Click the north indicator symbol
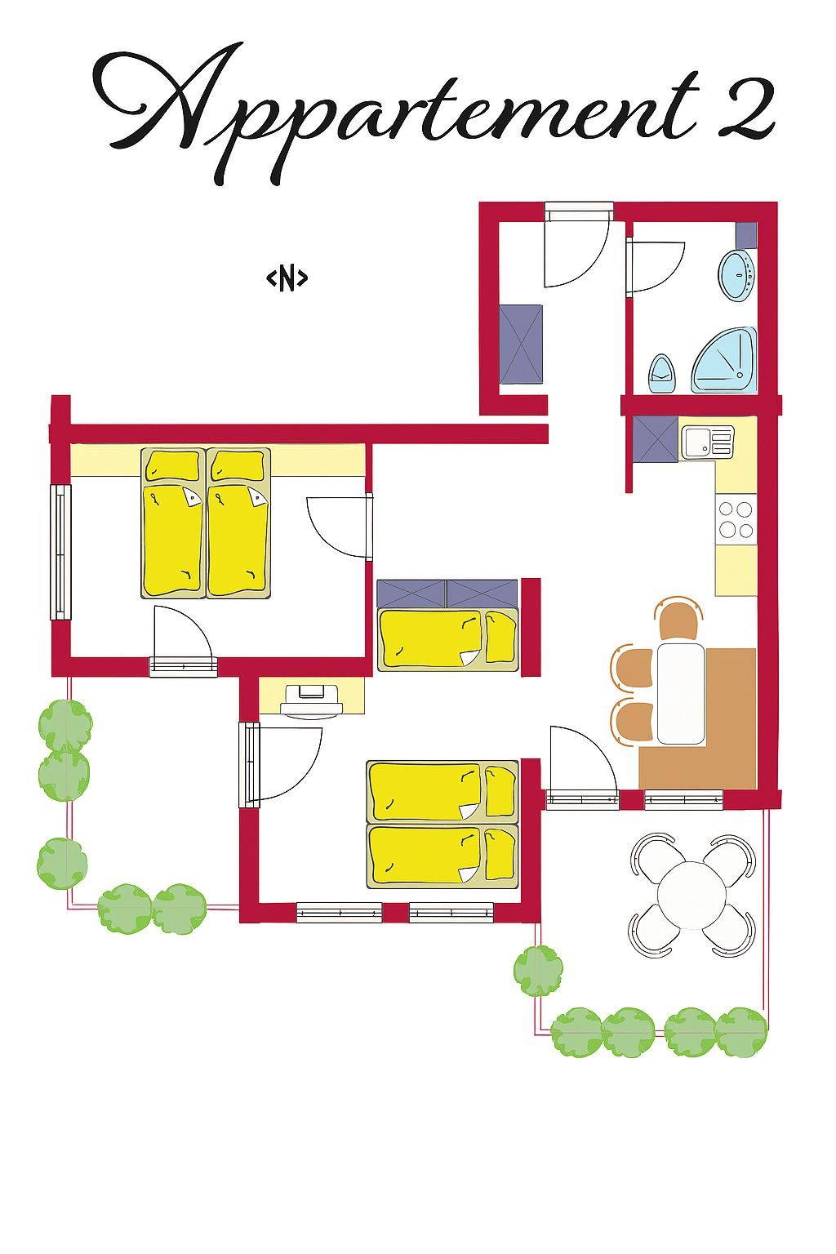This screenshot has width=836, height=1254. click(x=287, y=278)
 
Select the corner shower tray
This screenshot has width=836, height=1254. click(x=724, y=359)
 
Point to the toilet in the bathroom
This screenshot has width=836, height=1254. click(x=662, y=373)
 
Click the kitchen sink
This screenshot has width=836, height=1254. click(x=707, y=442)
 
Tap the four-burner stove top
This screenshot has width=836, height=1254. click(x=736, y=519)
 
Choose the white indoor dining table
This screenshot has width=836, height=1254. click(x=680, y=693)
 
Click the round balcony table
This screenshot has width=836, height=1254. click(x=691, y=895)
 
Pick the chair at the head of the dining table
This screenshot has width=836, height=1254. click(x=678, y=617)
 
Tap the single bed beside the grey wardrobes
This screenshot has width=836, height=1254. click(x=447, y=639)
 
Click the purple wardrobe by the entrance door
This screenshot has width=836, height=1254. click(x=521, y=344)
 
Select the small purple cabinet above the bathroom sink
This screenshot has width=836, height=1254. click(x=746, y=234)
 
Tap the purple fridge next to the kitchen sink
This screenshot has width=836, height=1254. click(x=655, y=439)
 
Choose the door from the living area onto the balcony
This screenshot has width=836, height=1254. click(x=582, y=799)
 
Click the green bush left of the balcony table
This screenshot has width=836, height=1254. click(x=538, y=972)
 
